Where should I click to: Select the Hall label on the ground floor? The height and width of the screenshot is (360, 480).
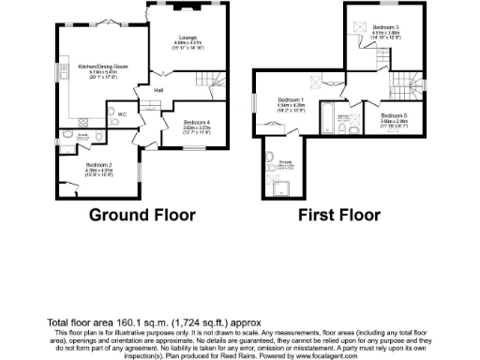coord(158,90)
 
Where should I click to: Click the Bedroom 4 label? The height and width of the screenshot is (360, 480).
coord(197,123)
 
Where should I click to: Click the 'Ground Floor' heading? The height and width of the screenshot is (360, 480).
coord(142,215)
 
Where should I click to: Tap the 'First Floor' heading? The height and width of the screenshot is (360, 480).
coord(339,215)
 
